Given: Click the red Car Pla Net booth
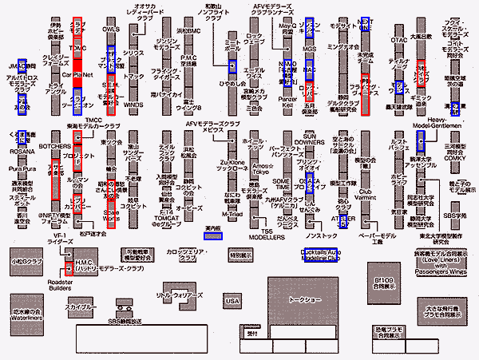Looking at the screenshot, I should tap(77, 73).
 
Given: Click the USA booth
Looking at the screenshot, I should tap(232, 300).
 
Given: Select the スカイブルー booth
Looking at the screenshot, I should tap(82, 307).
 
